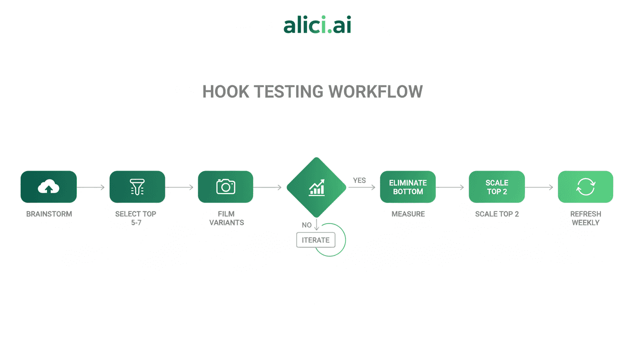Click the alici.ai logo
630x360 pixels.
click(x=317, y=25)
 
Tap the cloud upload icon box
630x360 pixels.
click(x=48, y=187)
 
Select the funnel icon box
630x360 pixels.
click(x=137, y=187)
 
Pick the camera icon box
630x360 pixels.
click(x=225, y=187)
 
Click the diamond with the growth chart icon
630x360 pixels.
click(x=316, y=187)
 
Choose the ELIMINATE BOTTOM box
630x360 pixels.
click(x=408, y=187)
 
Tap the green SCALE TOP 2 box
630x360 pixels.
click(x=497, y=187)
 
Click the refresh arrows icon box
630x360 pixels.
click(x=585, y=187)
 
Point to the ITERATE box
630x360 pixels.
click(x=315, y=240)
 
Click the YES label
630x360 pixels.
click(x=360, y=180)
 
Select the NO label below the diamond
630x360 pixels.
click(x=307, y=225)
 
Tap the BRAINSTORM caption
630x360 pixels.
click(x=49, y=214)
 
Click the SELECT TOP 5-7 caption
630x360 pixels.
click(x=136, y=218)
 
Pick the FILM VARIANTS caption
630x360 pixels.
click(x=226, y=218)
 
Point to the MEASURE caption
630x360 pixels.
click(x=408, y=214)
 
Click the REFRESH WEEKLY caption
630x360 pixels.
click(x=585, y=218)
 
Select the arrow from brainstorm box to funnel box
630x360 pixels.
click(x=91, y=187)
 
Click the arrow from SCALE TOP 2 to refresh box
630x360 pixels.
click(x=540, y=187)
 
